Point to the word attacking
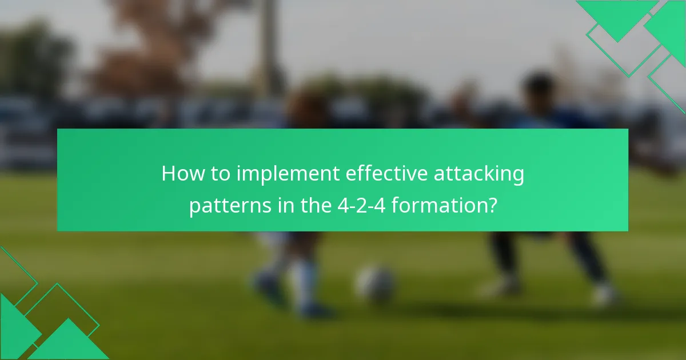pos(478,174)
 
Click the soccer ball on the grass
pos(375,283)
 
